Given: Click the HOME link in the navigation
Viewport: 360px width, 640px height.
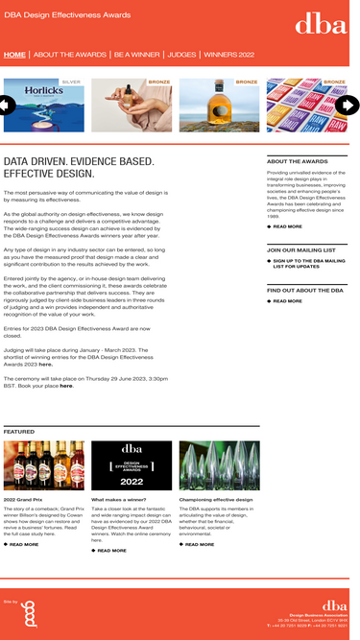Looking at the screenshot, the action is pyautogui.click(x=14, y=55).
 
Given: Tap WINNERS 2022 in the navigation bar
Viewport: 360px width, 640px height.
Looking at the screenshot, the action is pyautogui.click(x=228, y=55).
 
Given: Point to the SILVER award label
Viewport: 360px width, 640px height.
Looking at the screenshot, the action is pyautogui.click(x=71, y=83).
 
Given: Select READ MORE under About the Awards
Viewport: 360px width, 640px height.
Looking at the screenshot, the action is pyautogui.click(x=287, y=226).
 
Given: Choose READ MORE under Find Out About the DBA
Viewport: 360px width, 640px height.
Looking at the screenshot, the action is pyautogui.click(x=287, y=301).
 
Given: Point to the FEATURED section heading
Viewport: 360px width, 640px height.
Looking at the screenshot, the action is pyautogui.click(x=19, y=432).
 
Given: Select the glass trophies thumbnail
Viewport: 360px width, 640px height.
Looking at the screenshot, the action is pyautogui.click(x=218, y=464).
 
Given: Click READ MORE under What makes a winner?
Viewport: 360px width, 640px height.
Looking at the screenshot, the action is pyautogui.click(x=111, y=551).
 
